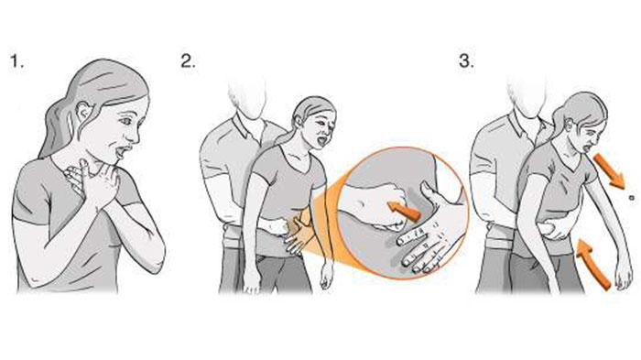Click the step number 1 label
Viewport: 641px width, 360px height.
click(16, 61)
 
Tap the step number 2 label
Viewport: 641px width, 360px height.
click(189, 61)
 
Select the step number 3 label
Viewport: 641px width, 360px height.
click(466, 61)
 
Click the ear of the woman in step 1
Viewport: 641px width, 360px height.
click(84, 113)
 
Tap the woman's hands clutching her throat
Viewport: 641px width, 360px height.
click(92, 180)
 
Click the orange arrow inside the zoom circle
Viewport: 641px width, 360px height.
click(404, 210)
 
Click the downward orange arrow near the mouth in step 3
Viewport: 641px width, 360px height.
click(609, 170)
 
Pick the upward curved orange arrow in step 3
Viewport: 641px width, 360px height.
click(592, 264)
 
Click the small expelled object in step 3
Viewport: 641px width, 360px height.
click(632, 198)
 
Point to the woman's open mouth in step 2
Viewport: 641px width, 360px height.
click(322, 142)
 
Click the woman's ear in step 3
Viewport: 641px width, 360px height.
click(570, 123)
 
